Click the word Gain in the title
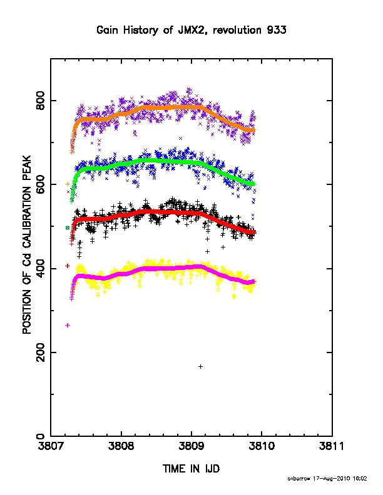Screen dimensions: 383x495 point(107,30)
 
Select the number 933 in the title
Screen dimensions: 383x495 point(277,30)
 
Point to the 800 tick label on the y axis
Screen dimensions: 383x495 point(40,101)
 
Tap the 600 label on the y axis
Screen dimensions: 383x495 point(40,184)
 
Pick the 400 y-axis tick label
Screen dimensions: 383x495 point(40,269)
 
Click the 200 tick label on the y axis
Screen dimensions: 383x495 point(40,352)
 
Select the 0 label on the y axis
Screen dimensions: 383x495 point(40,437)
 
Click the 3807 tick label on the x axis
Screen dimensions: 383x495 point(50,446)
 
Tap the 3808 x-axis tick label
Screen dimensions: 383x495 point(121,446)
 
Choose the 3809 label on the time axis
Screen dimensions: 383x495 point(191,446)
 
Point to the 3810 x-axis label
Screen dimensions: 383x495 point(262,446)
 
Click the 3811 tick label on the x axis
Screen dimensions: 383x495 point(332,446)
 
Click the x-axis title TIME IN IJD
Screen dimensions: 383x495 point(191,469)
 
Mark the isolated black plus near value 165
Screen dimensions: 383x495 point(200,366)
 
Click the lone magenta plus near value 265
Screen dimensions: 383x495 point(68,325)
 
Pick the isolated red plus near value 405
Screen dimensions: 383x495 point(68,266)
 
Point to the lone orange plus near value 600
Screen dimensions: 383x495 point(68,184)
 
